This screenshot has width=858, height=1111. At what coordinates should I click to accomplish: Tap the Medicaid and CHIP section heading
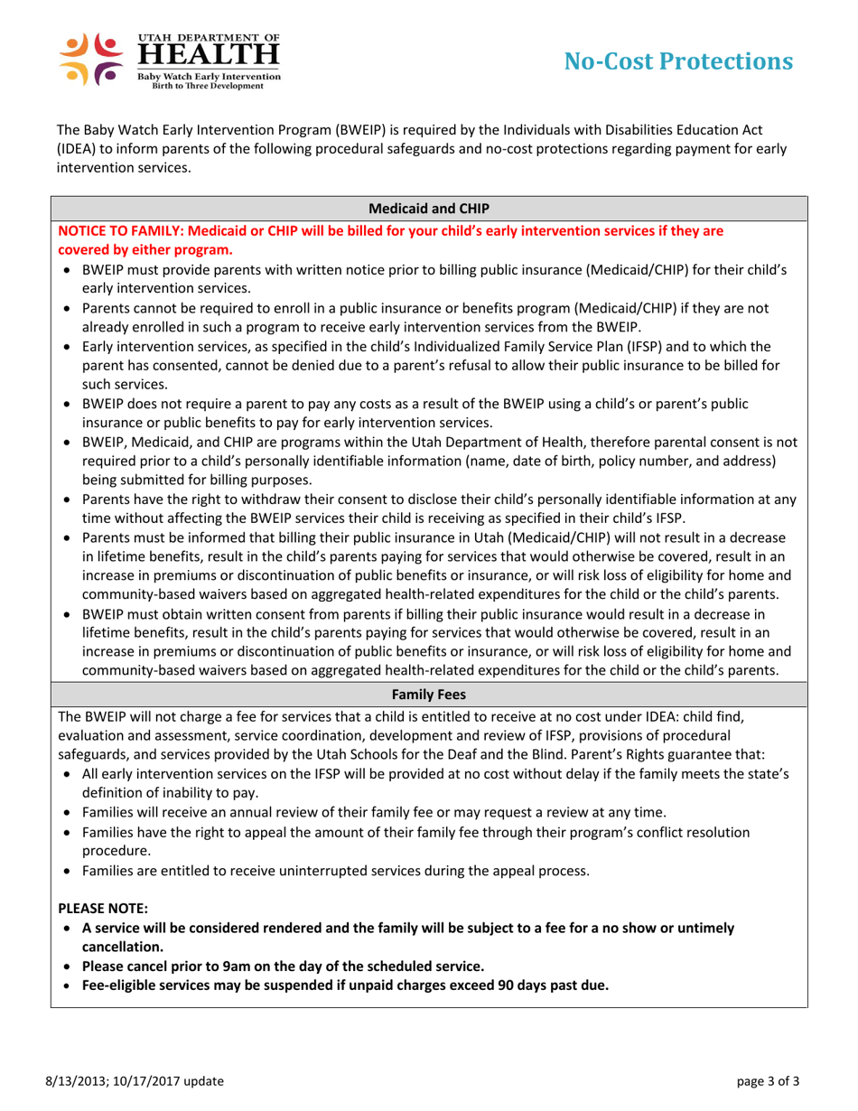coord(429,209)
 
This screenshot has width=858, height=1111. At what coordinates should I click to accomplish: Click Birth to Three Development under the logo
coord(201,87)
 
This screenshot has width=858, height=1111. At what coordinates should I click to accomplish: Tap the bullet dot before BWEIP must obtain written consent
coord(70,612)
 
